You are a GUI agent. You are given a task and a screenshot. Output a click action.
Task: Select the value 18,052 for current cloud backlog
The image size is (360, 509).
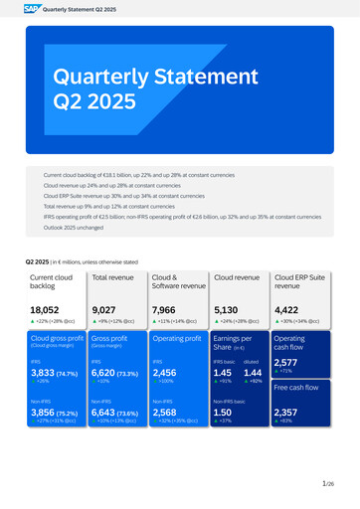[46, 310]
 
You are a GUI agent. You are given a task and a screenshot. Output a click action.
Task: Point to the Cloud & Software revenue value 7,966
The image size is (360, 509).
[165, 310]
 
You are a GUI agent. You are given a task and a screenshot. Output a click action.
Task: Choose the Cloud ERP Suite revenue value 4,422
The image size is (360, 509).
[288, 310]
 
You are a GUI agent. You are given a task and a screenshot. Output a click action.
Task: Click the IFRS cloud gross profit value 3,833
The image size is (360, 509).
[44, 372]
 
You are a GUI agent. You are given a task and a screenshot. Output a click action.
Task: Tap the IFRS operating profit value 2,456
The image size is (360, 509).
[165, 372]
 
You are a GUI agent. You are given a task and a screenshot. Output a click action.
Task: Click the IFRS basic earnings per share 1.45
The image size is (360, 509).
[223, 372]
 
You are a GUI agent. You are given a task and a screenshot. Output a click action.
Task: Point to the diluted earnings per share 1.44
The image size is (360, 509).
[253, 372]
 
